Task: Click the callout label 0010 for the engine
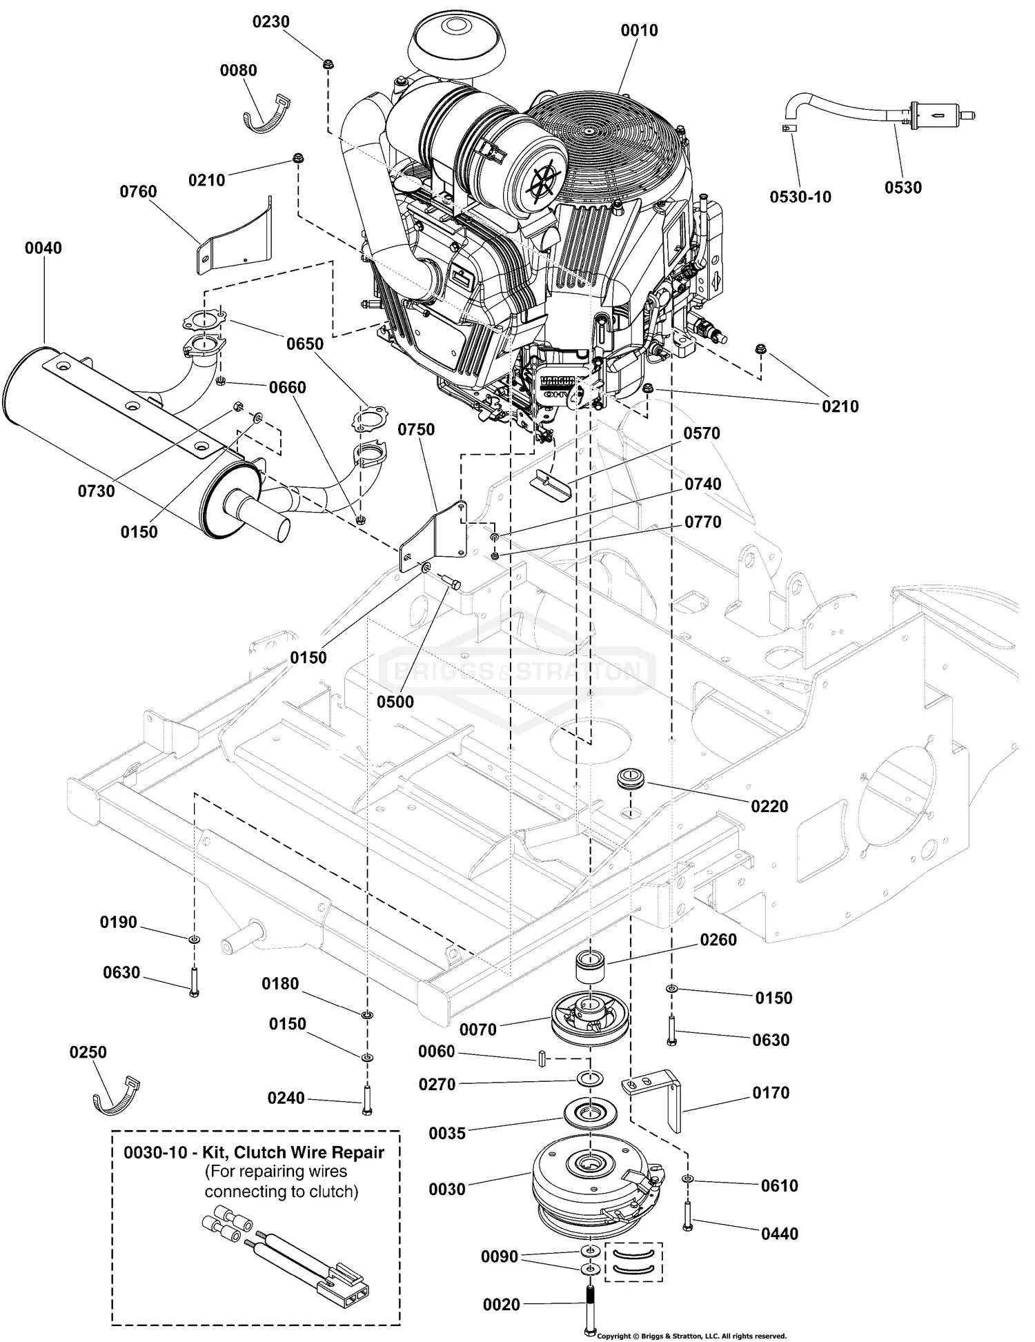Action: click(x=639, y=30)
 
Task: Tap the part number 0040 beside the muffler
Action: click(x=43, y=248)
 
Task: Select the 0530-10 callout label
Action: click(x=800, y=197)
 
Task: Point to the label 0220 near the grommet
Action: click(x=769, y=806)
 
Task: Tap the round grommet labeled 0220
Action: click(x=631, y=777)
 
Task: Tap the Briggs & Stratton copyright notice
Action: click(x=691, y=1336)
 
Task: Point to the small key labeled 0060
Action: click(x=542, y=1058)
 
